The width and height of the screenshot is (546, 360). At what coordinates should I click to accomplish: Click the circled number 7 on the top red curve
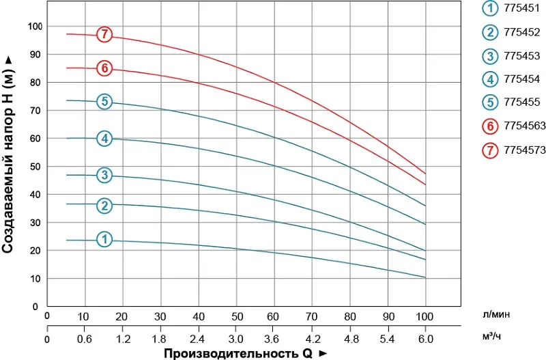click(x=104, y=34)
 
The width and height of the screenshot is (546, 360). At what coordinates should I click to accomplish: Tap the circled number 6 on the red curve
click(x=104, y=68)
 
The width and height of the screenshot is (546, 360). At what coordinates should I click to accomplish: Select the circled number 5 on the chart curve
click(x=104, y=102)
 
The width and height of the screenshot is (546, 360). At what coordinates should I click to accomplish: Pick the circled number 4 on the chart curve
click(x=104, y=139)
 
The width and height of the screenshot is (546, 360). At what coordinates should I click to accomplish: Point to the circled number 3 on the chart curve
click(x=104, y=175)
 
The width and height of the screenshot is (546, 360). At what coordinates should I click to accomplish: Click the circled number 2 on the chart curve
click(x=104, y=206)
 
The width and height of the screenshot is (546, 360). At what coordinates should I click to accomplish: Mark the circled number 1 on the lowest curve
click(x=104, y=240)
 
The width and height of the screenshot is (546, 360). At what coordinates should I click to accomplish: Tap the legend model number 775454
click(x=521, y=79)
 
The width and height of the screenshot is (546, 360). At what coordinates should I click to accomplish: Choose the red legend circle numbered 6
click(x=491, y=126)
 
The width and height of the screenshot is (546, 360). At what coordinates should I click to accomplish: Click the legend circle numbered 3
click(x=491, y=55)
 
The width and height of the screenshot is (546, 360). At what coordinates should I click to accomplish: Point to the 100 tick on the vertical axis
click(x=35, y=26)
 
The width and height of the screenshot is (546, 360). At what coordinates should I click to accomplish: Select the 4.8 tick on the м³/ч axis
click(x=350, y=339)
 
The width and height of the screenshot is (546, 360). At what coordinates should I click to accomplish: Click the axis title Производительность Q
click(x=236, y=353)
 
